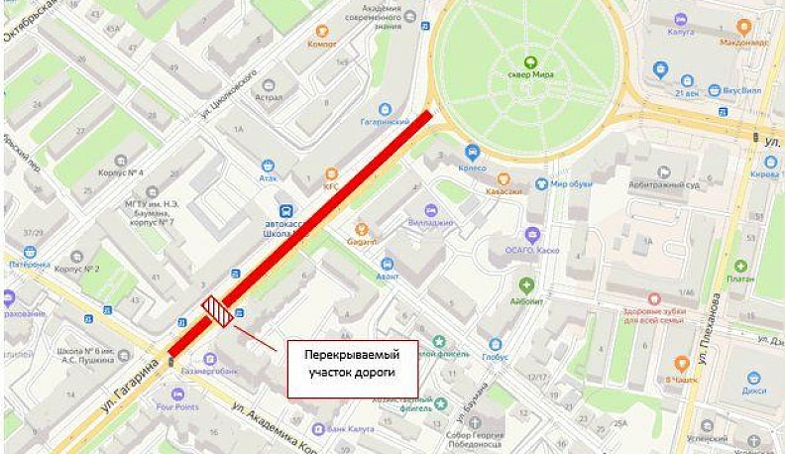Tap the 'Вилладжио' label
[430, 223]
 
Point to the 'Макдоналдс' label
[745, 43]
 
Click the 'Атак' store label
[268, 179]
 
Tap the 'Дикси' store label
[755, 390]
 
